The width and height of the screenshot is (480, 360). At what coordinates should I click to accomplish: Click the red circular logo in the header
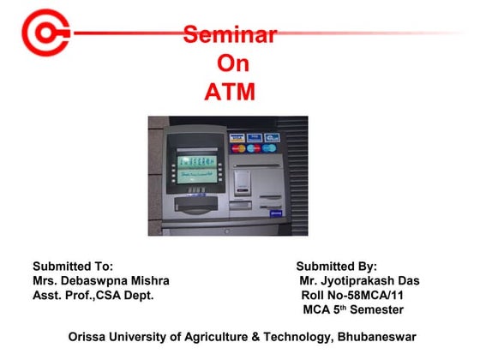pyautogui.click(x=43, y=33)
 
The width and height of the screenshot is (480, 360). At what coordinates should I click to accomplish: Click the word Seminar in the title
pyautogui.click(x=230, y=35)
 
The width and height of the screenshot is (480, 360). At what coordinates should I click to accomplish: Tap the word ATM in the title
pyautogui.click(x=230, y=92)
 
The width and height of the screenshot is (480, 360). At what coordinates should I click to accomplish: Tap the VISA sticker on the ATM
pyautogui.click(x=237, y=137)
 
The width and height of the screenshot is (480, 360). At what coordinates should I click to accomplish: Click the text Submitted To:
pyautogui.click(x=73, y=267)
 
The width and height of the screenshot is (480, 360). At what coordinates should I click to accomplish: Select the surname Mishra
pyautogui.click(x=148, y=281)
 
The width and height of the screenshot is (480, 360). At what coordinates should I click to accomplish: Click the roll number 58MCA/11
pyautogui.click(x=384, y=296)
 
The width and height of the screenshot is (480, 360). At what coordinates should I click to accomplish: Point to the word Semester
pyautogui.click(x=375, y=309)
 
